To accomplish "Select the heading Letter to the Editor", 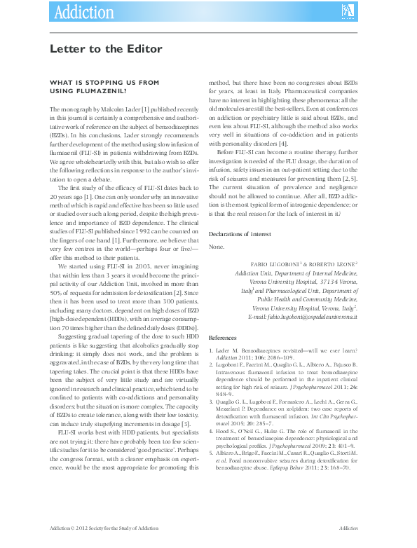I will click(x=105, y=49).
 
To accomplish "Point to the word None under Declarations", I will click(x=217, y=247).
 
